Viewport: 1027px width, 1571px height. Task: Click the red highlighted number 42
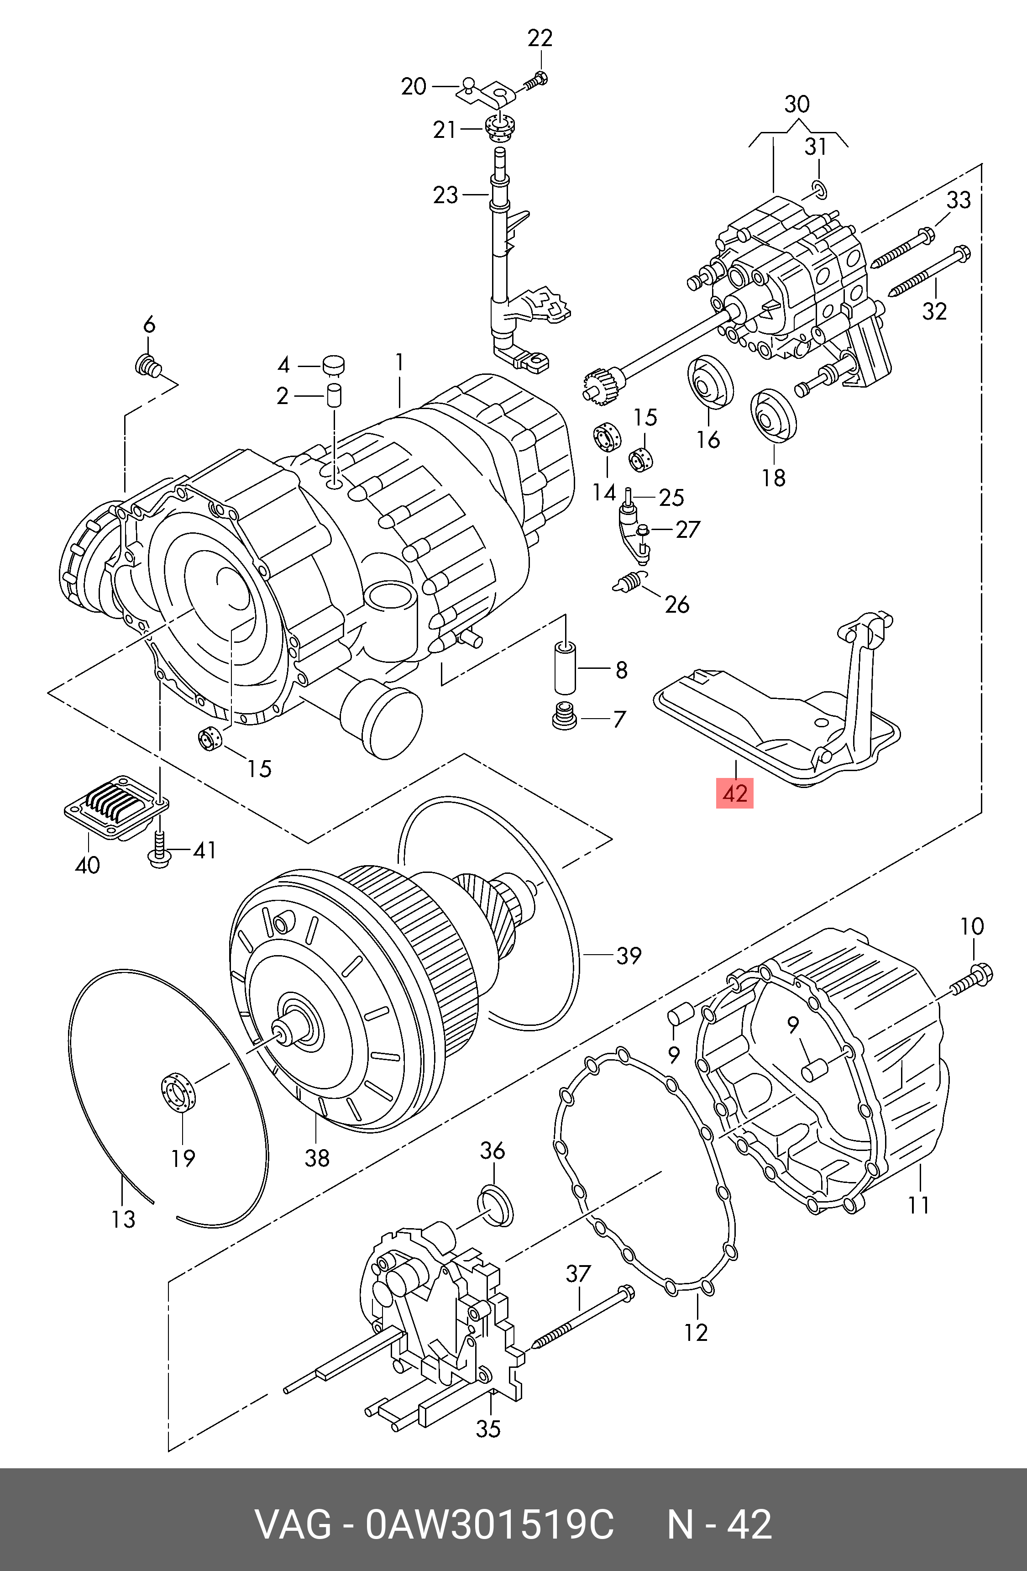coord(734,793)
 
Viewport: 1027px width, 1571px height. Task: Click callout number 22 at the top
coord(540,38)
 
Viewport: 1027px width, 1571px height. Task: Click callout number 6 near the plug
coord(149,324)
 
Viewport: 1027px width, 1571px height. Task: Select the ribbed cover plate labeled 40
coord(116,807)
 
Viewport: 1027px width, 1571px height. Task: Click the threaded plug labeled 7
coord(564,715)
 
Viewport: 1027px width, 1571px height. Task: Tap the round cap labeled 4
coord(334,364)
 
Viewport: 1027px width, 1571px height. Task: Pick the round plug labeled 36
coord(495,1205)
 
